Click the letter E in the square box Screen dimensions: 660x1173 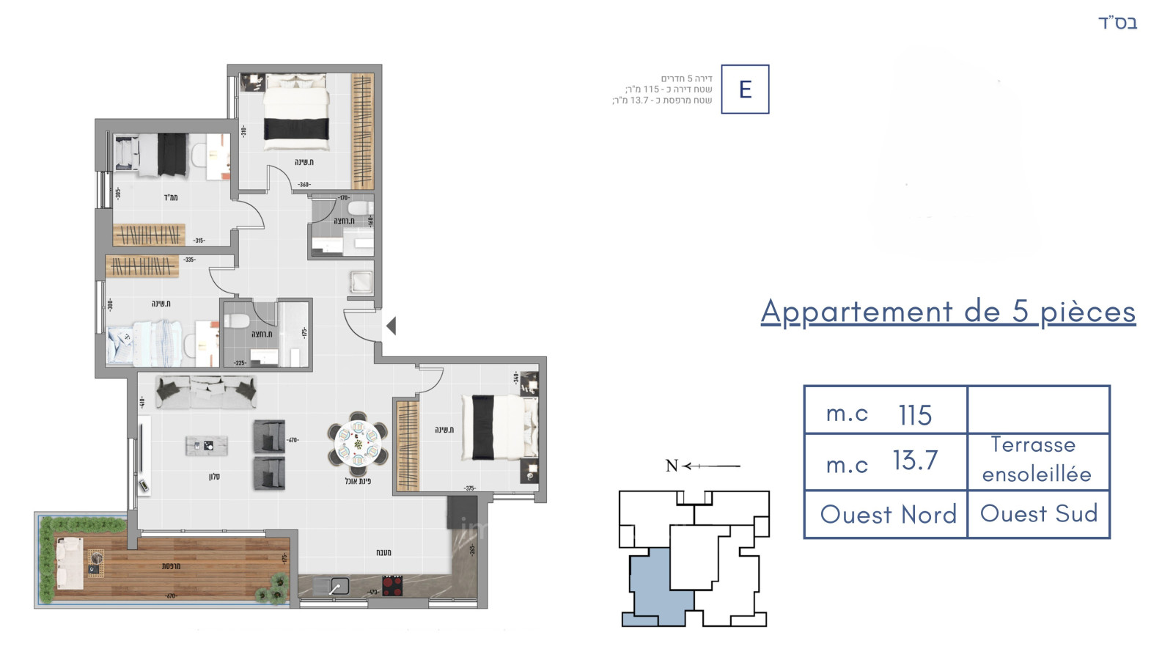[x=745, y=89]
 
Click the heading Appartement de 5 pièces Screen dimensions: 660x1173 [x=948, y=312]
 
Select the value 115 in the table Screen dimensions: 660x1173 [x=915, y=415]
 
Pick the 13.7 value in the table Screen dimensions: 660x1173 [x=915, y=461]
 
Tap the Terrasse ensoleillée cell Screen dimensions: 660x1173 [x=1037, y=460]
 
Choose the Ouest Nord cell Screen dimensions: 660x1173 [x=888, y=514]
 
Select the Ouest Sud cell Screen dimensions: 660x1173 [x=1038, y=513]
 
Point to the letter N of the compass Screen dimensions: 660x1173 [x=672, y=466]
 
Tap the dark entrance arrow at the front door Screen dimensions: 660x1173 [x=391, y=326]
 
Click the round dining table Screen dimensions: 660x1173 [x=358, y=443]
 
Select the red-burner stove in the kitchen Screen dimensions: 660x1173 [x=392, y=585]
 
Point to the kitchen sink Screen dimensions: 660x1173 [x=339, y=586]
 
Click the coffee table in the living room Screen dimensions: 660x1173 [x=207, y=445]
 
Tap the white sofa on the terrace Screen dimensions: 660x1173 [x=70, y=563]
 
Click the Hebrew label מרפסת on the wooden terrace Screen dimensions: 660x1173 [x=171, y=566]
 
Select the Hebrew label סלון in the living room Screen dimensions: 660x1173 [x=214, y=477]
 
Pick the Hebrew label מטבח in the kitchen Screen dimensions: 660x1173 [x=383, y=552]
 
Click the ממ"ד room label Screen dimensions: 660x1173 [x=170, y=197]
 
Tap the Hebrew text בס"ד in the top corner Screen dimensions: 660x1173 [x=1117, y=23]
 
